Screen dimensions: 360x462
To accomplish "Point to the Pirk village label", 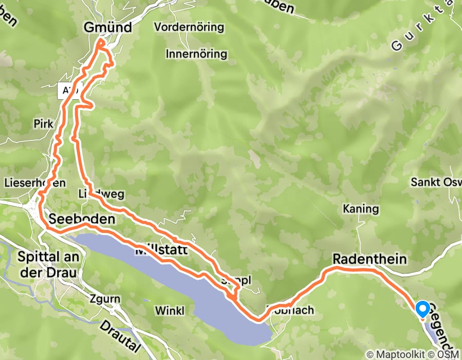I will click(x=43, y=124).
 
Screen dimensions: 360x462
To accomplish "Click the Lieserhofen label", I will click(x=34, y=183).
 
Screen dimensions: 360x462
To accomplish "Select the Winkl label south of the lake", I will click(x=170, y=311).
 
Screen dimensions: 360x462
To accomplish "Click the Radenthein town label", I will click(x=370, y=259).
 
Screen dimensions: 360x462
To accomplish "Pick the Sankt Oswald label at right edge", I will click(x=436, y=182).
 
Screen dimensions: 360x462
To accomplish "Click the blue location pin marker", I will click(x=422, y=309).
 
